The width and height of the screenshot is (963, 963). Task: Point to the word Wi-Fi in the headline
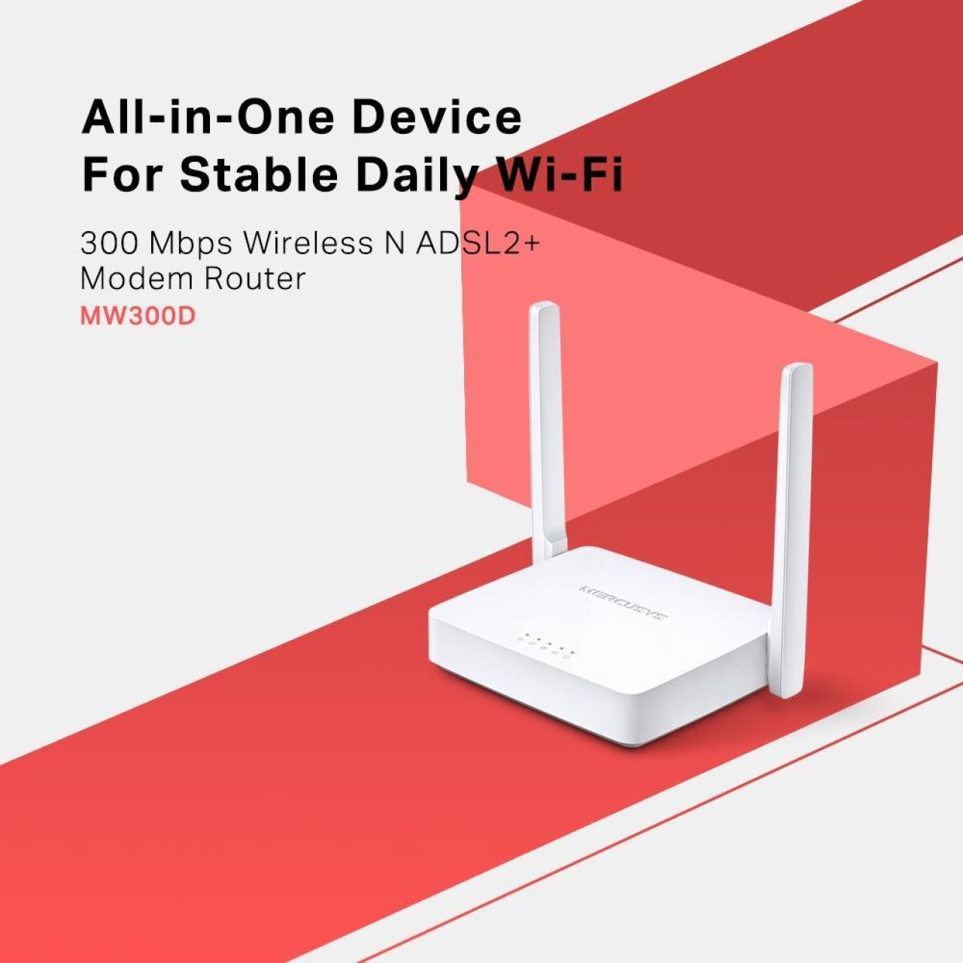coord(560,175)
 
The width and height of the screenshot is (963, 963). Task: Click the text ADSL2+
coord(477,243)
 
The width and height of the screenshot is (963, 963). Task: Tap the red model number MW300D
coord(138,315)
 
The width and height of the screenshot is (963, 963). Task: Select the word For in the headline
coord(123,175)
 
